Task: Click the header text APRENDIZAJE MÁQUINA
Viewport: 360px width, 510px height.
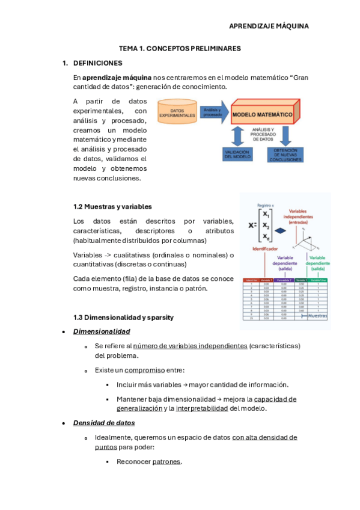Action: coord(269,26)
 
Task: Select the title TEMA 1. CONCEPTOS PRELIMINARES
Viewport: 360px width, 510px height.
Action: coord(180,48)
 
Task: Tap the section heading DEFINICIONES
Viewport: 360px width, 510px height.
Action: coord(97,63)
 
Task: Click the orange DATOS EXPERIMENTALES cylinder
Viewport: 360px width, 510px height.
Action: coord(177,112)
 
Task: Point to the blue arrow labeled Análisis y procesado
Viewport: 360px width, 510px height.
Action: coord(213,112)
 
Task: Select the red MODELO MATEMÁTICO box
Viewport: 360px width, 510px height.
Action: coord(263,114)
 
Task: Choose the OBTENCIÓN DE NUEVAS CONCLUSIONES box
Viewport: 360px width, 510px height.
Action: coord(285,154)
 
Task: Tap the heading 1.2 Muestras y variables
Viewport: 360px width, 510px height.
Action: coord(112,206)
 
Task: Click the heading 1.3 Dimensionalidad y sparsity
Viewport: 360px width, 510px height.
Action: coord(124,317)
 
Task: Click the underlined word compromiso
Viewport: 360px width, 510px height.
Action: coord(145,370)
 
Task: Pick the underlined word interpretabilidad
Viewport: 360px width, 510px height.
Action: coord(202,408)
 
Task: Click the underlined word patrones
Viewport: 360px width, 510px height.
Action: coord(166,461)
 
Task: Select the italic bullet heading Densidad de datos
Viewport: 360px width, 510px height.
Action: coord(104,423)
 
